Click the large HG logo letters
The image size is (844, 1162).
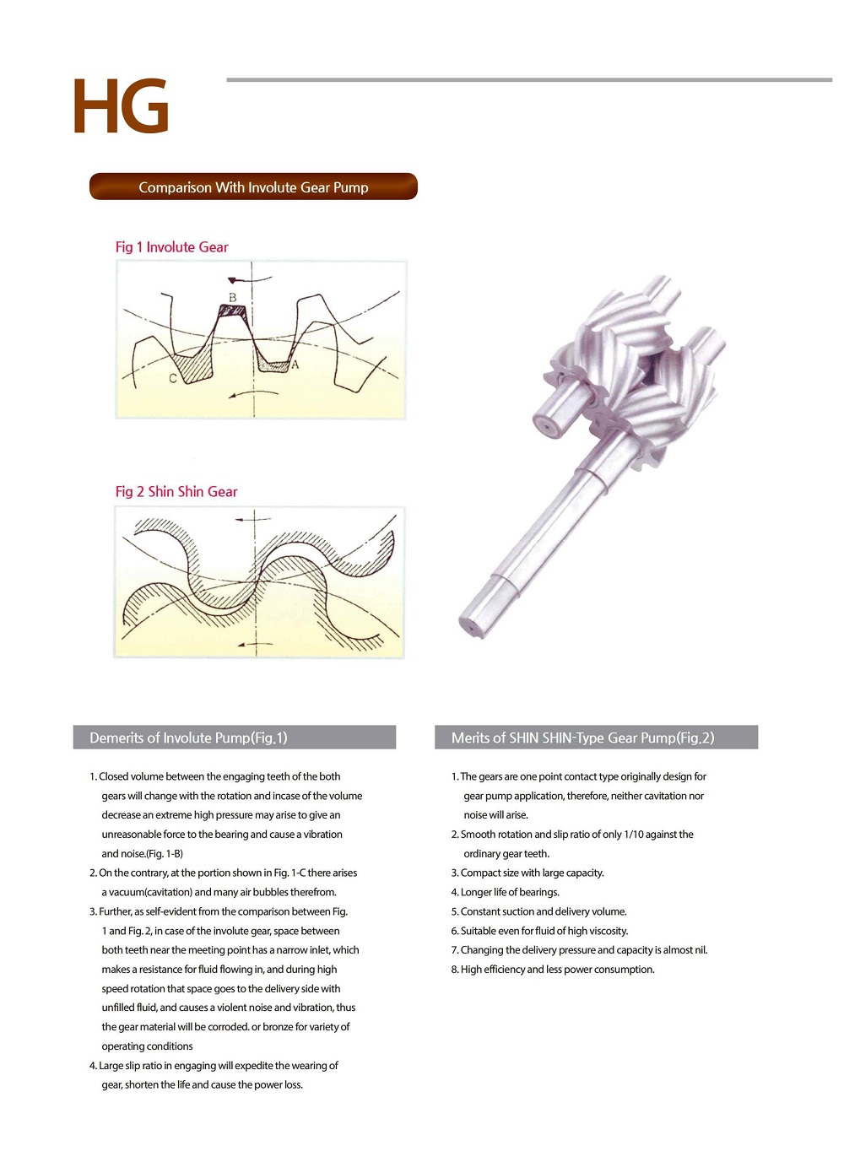(121, 105)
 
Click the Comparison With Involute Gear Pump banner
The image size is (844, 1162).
(253, 186)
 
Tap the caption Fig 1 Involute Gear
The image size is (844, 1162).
(171, 247)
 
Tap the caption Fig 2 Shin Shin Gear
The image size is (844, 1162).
(176, 491)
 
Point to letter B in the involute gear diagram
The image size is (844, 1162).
(233, 297)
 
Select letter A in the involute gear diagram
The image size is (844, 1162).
(295, 365)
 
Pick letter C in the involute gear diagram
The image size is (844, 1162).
(173, 379)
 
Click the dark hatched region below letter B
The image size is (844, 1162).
(231, 311)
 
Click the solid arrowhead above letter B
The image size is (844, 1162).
(232, 281)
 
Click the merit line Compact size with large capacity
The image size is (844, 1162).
(527, 873)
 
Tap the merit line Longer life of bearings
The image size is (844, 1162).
(505, 892)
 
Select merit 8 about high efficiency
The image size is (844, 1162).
(553, 969)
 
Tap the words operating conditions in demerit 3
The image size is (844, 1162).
(148, 1046)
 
